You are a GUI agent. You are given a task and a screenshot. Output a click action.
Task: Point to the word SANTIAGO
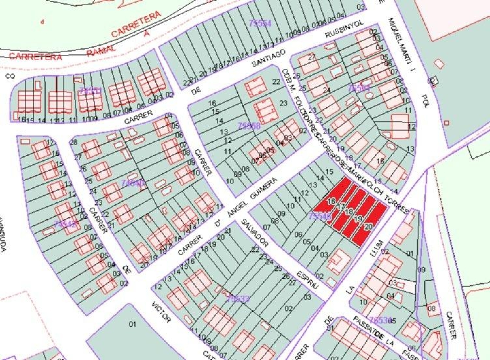[269, 58]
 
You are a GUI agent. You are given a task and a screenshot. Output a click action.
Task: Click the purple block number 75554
[260, 23]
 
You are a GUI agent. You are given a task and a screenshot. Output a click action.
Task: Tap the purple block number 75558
[249, 126]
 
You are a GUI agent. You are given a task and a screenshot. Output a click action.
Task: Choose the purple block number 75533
[238, 298]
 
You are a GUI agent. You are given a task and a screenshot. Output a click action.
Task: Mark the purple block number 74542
[64, 224]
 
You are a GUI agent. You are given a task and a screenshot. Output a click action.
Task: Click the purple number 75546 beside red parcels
[320, 216]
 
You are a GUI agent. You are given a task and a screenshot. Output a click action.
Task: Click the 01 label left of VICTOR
[132, 324]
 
